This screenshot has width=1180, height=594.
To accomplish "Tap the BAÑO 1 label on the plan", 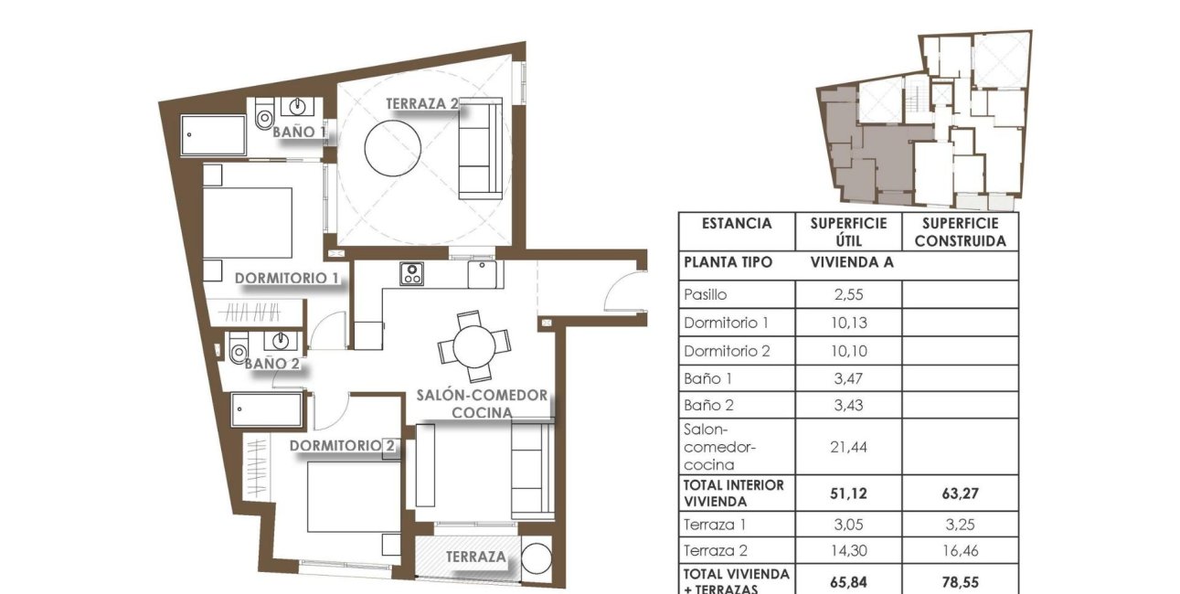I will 301,133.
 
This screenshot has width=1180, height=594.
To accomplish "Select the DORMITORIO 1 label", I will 287,278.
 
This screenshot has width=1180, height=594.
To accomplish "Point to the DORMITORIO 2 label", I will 344,446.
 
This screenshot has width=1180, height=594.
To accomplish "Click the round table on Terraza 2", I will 393,150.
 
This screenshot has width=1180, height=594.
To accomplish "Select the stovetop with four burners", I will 411,273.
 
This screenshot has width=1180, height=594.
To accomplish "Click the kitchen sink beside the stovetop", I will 482,273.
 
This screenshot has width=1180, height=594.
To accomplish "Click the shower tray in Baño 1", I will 213,135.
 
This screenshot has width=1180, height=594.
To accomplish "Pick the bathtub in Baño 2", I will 266,410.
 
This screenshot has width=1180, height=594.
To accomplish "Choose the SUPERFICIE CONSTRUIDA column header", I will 960,232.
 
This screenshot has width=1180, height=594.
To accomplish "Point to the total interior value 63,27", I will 960,493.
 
